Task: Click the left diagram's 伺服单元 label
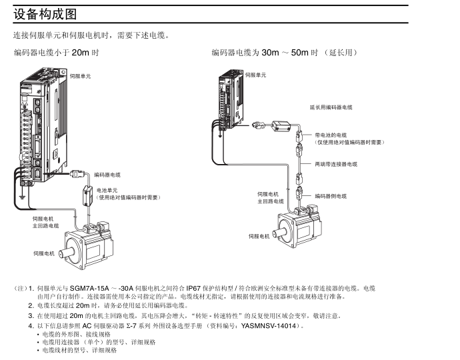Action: click(x=80, y=77)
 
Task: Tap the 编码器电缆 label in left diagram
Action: click(x=107, y=175)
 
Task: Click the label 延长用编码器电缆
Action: click(x=331, y=107)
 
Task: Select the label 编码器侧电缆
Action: click(x=331, y=196)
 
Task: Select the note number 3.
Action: click(x=31, y=316)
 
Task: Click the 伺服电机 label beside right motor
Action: click(x=259, y=236)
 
